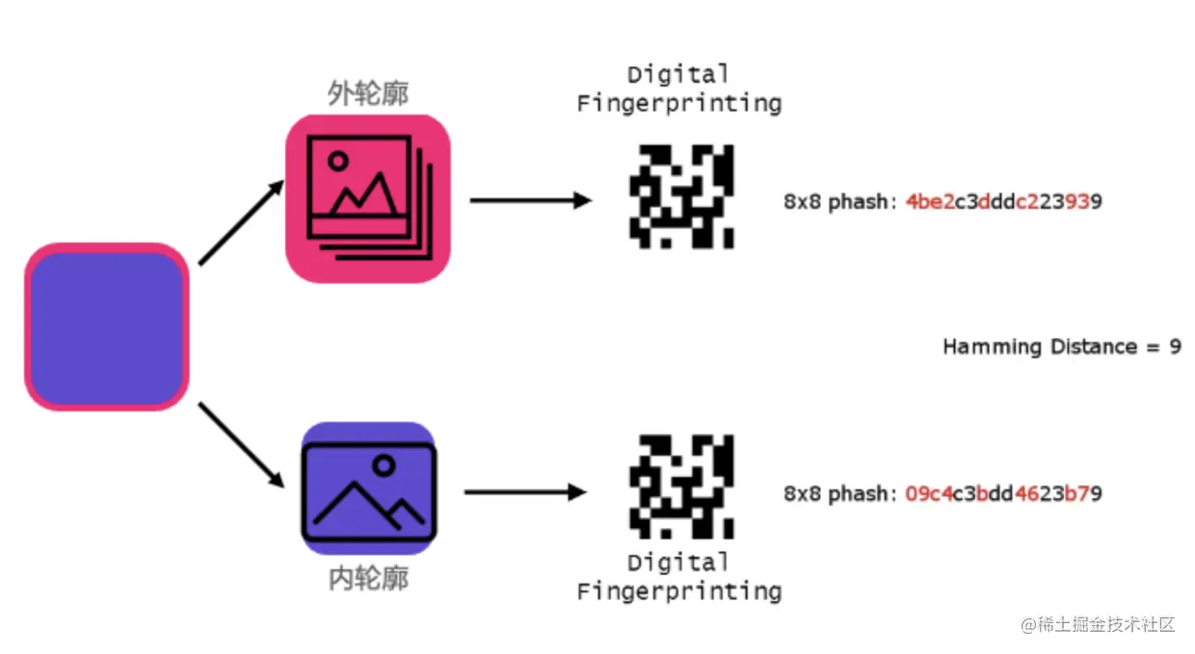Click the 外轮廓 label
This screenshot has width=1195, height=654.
pyautogui.click(x=368, y=93)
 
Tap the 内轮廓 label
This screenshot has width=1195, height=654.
pyautogui.click(x=368, y=578)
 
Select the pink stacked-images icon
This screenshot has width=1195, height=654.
pyautogui.click(x=368, y=198)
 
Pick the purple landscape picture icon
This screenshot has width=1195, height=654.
pyautogui.click(x=369, y=488)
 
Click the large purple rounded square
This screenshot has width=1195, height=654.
pyautogui.click(x=106, y=327)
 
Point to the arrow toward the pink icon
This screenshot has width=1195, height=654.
pyautogui.click(x=241, y=222)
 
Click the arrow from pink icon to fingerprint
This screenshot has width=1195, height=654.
pyautogui.click(x=529, y=200)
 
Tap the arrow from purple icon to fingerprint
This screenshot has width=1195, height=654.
pyautogui.click(x=525, y=492)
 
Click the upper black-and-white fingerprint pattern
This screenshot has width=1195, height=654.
pyautogui.click(x=681, y=196)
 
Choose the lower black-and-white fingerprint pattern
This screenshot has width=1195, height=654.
pyautogui.click(x=681, y=486)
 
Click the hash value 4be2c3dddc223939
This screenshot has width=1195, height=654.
pyautogui.click(x=1003, y=202)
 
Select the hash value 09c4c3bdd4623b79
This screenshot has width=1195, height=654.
pyautogui.click(x=1003, y=494)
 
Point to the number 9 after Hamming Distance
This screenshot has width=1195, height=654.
pyautogui.click(x=1175, y=347)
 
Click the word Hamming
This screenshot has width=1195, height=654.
pyautogui.click(x=992, y=347)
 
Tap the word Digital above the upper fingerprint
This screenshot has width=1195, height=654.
pyautogui.click(x=678, y=74)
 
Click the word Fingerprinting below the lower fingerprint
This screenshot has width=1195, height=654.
pyautogui.click(x=678, y=589)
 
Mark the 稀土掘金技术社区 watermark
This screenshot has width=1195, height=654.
pyautogui.click(x=1099, y=624)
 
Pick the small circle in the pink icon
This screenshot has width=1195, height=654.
pyautogui.click(x=337, y=161)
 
